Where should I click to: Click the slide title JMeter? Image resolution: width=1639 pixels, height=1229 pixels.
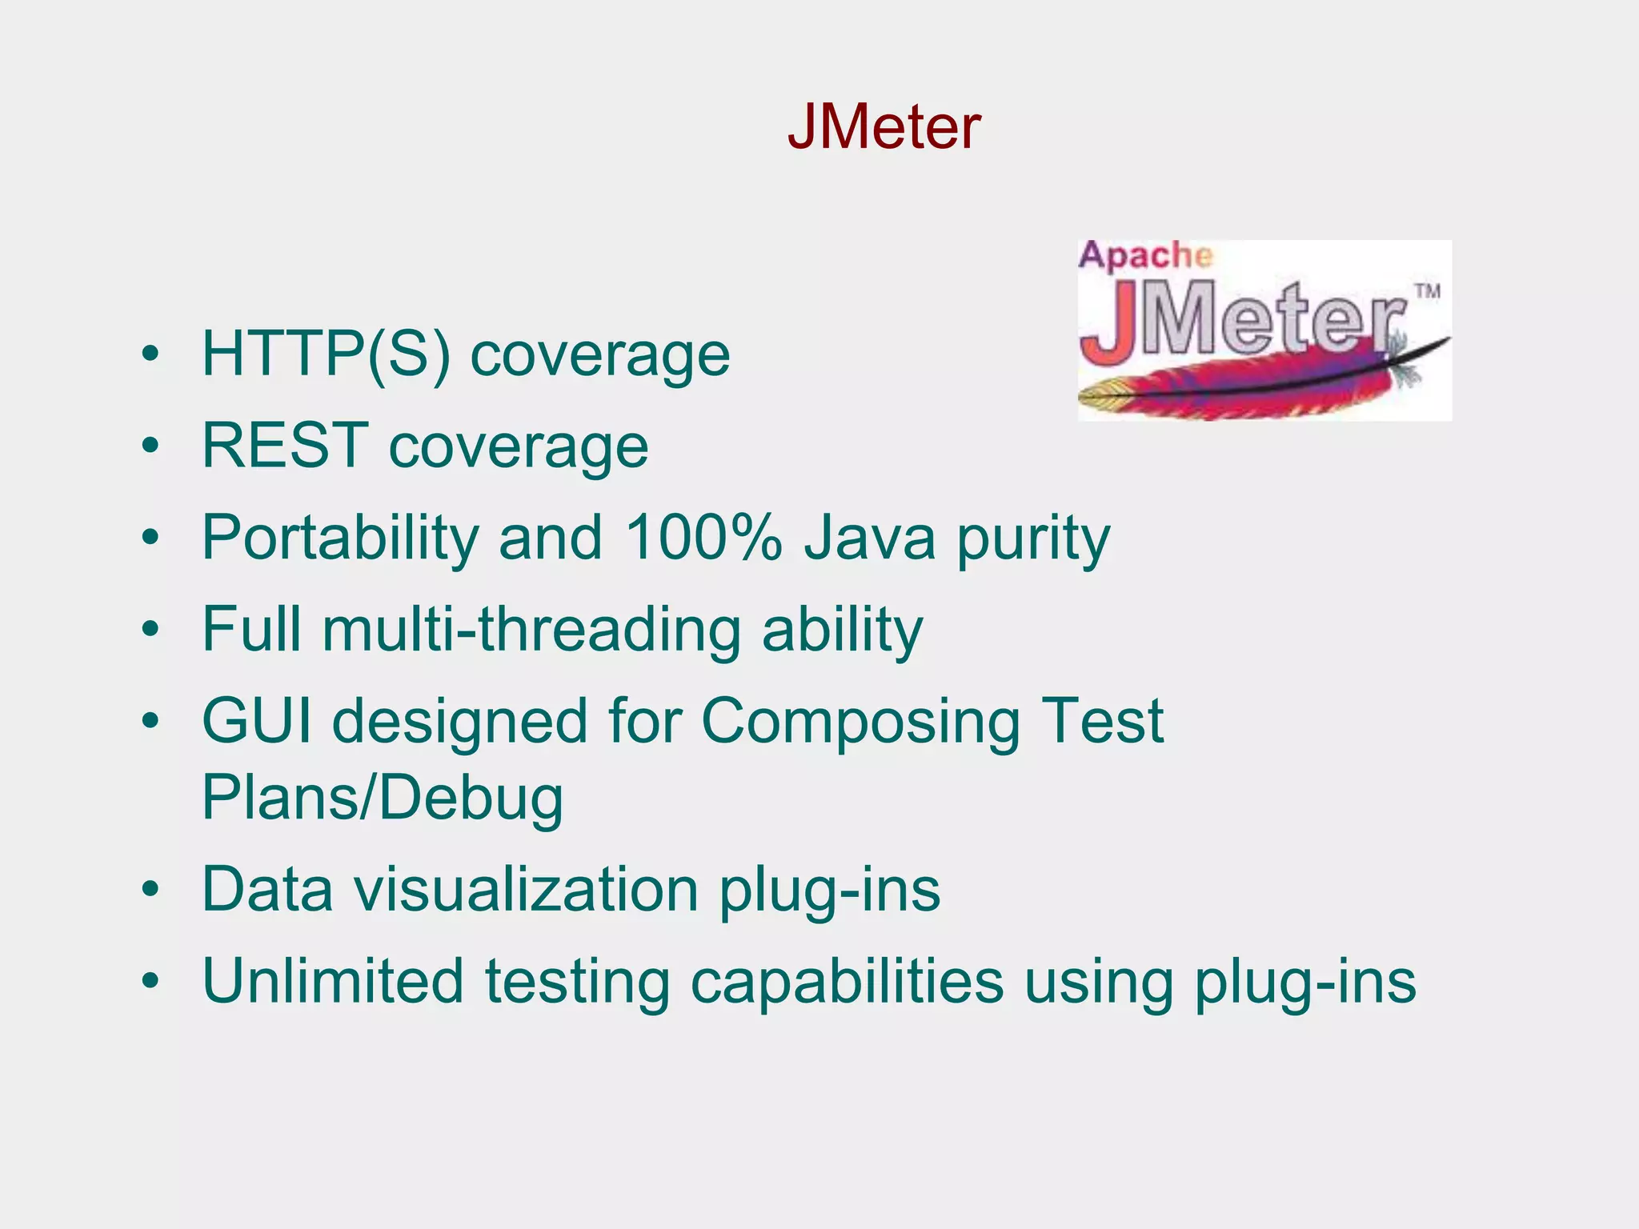pyautogui.click(x=884, y=127)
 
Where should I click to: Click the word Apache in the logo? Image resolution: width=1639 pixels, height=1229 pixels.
pyautogui.click(x=1145, y=256)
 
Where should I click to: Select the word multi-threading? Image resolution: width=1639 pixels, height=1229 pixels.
pyautogui.click(x=531, y=629)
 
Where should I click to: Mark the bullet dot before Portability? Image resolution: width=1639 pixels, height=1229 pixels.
pyautogui.click(x=150, y=538)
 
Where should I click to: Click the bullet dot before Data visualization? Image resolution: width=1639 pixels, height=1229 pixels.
pyautogui.click(x=150, y=891)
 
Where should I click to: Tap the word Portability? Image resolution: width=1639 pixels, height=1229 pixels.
pyautogui.click(x=339, y=537)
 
